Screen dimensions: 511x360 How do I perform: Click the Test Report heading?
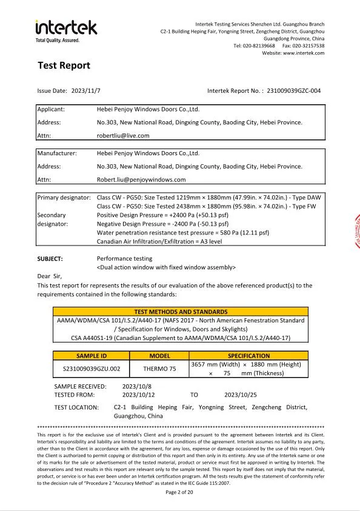click(x=64, y=65)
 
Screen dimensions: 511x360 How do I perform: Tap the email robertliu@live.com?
click(x=123, y=136)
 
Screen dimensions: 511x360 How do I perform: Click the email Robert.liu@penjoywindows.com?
click(x=141, y=179)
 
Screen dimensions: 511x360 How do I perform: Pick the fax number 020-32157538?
click(x=312, y=45)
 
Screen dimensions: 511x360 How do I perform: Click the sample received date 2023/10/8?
click(x=138, y=386)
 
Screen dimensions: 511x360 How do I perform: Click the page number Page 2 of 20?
click(x=179, y=492)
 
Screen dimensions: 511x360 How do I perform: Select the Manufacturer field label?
click(x=57, y=153)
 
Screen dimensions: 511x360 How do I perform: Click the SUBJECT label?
click(x=50, y=259)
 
